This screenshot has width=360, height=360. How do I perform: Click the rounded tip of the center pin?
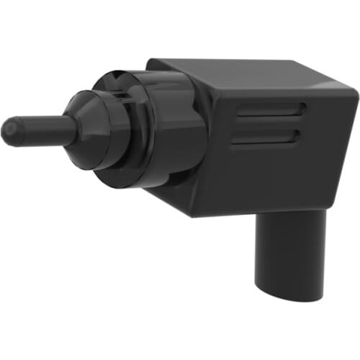click(9, 131)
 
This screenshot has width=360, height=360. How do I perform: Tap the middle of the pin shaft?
click(40, 131)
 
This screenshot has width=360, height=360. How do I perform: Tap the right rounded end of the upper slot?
click(302, 109)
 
